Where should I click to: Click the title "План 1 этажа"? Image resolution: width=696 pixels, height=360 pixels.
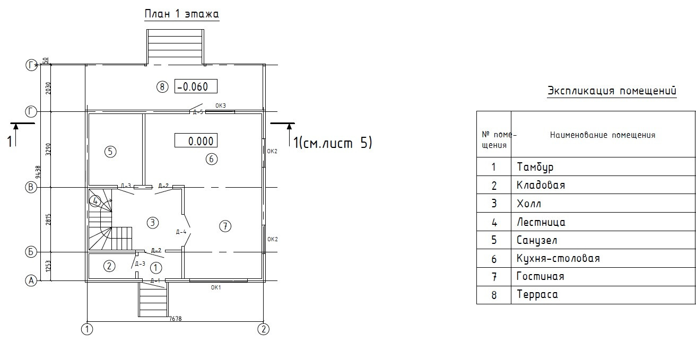[181, 14]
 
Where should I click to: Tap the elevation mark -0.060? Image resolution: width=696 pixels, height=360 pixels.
[196, 86]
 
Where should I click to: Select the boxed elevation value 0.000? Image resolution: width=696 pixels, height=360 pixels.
[196, 141]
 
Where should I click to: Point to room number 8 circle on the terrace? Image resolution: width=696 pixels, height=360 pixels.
[162, 86]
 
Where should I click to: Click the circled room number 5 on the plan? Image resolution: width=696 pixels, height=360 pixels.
[110, 152]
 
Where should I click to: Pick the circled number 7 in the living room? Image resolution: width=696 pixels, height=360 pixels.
[225, 226]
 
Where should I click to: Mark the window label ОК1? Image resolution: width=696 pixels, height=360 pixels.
[216, 287]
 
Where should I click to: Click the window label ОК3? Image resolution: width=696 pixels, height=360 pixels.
[221, 106]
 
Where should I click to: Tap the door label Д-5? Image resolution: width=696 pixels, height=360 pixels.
[198, 112]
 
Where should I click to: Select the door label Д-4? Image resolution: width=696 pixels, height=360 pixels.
[181, 232]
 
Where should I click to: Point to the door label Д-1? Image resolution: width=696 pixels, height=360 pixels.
[155, 280]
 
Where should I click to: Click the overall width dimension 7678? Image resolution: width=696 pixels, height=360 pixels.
[175, 319]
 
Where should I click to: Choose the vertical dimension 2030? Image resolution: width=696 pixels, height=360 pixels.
[48, 87]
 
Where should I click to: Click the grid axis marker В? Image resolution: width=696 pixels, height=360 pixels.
[31, 187]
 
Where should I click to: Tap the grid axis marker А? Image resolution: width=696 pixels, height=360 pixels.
[31, 281]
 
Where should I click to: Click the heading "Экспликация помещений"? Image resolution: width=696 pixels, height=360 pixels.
[612, 91]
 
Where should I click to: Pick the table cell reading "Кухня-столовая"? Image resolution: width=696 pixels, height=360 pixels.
[558, 259]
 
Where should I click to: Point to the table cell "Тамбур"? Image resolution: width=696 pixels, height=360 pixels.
[535, 167]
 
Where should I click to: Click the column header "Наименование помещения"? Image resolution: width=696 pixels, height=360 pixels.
[602, 135]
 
